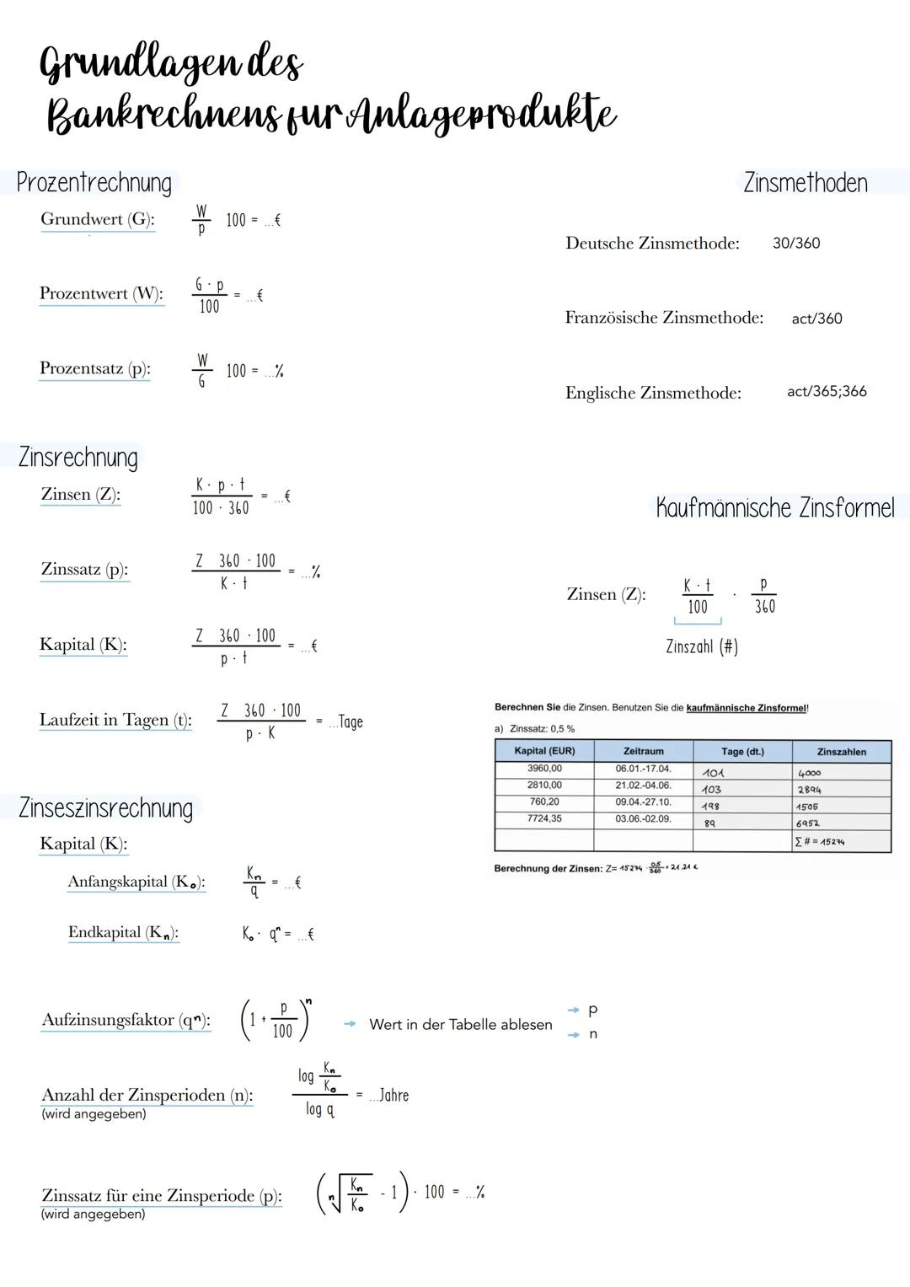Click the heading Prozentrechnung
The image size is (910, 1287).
pos(94,183)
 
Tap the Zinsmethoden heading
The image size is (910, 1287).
pos(805,183)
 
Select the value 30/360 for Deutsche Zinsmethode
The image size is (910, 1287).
pos(795,244)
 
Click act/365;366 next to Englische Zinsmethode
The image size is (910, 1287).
pos(826,392)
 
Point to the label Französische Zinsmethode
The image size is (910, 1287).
pos(664,319)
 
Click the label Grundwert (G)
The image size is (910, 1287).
pos(97,220)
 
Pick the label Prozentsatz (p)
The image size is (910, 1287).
pos(94,369)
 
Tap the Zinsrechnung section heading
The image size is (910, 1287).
pos(78,458)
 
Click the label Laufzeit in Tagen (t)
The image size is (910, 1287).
pos(115,721)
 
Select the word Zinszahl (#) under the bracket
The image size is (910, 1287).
pos(701,647)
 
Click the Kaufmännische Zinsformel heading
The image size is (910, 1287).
pos(774,508)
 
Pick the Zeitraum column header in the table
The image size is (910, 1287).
pos(643,751)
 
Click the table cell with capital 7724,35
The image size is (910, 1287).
pos(544,819)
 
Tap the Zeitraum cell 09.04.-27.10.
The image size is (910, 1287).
pos(643,802)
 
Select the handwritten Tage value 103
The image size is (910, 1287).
pos(711,790)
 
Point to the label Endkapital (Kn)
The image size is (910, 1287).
pos(123,933)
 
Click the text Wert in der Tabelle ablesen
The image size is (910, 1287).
pos(460,1025)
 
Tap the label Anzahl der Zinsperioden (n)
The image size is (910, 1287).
pos(147,1096)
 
